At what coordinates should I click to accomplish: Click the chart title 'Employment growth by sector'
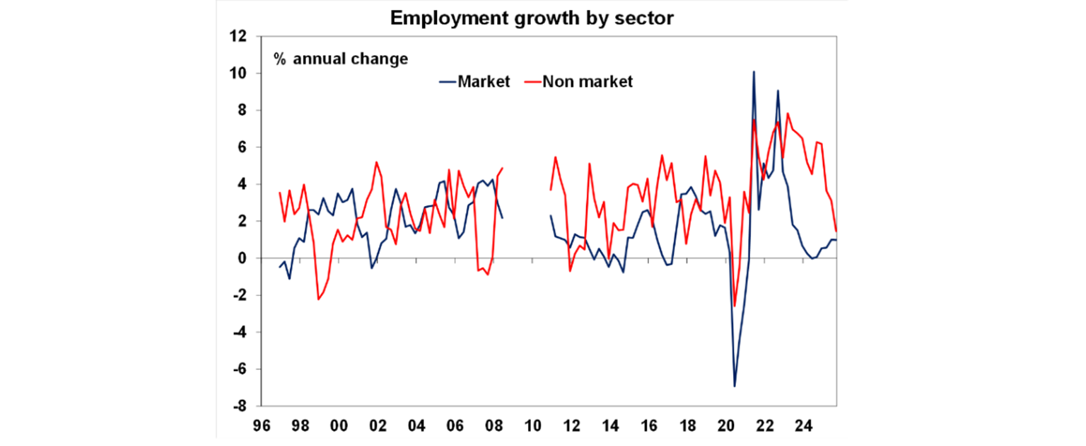[x=532, y=18]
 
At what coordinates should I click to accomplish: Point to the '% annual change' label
[x=341, y=59]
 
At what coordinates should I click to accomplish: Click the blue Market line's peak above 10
[x=754, y=72]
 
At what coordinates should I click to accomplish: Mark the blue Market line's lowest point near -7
[x=735, y=386]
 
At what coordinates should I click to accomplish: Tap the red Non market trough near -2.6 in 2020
[x=735, y=306]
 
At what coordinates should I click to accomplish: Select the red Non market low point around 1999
[x=319, y=299]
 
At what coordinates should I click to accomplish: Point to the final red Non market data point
[x=836, y=230]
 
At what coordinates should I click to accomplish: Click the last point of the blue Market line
[x=836, y=240]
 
